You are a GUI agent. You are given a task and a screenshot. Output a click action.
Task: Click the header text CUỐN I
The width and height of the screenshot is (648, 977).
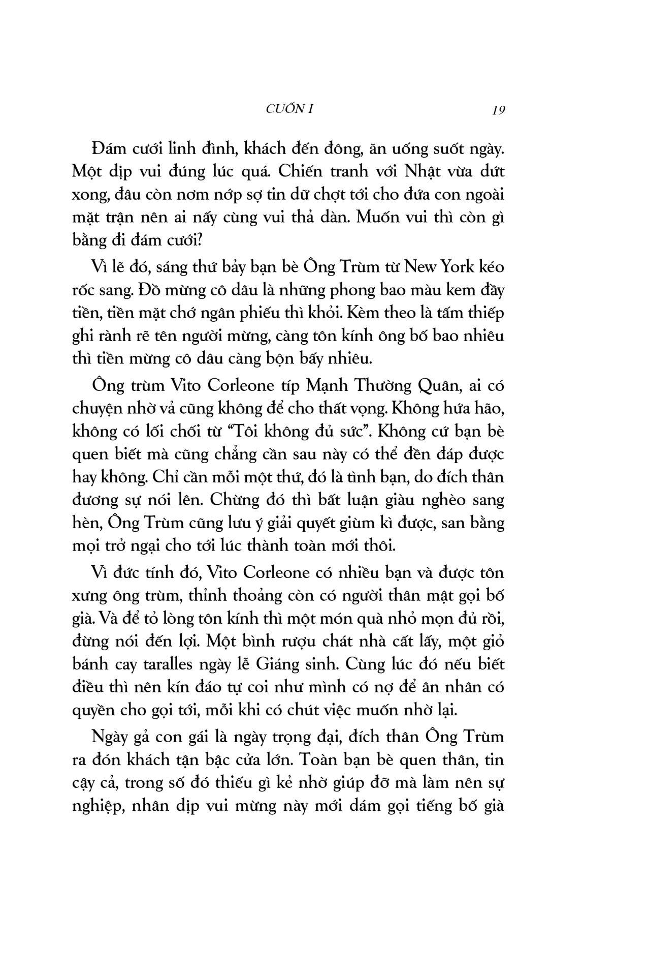click(289, 108)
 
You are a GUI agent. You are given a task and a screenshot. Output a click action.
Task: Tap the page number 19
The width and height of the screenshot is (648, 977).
click(498, 110)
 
